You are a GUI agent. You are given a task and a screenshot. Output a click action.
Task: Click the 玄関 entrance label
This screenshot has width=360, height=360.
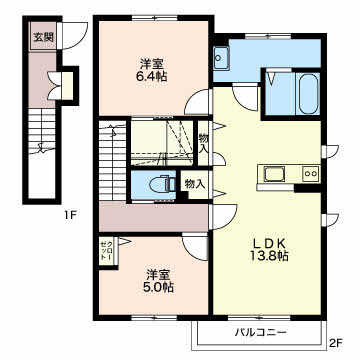coord(43,37)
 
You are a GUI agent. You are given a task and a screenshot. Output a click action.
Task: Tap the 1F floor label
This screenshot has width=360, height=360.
coord(70,216)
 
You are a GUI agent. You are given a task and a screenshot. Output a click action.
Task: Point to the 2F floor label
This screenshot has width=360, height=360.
coord(336,342)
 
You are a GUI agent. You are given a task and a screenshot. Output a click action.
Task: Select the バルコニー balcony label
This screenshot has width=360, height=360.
coord(261,332)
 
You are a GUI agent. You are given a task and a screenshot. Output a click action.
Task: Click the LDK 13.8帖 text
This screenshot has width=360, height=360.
coord(269,249)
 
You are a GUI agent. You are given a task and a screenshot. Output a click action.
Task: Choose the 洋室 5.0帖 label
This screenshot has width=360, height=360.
coord(160,281)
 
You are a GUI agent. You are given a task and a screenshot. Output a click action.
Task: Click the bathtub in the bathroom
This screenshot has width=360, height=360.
coord(308,94)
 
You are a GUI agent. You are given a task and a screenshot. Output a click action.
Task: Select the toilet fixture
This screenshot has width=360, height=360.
coord(162,185)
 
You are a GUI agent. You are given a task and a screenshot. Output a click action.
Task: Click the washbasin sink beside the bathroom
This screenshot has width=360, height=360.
coord(221,58)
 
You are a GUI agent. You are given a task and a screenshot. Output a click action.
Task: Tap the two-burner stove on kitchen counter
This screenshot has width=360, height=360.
coord(311,173)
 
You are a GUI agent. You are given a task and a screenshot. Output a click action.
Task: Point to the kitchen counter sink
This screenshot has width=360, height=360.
coord(274,174)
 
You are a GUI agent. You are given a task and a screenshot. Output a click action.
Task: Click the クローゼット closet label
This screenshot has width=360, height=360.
coord(107,251)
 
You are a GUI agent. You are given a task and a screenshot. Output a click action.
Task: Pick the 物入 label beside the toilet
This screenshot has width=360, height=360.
coord(195,184)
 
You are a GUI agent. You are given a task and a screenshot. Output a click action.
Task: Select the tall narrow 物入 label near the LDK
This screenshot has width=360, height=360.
coord(203,143)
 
